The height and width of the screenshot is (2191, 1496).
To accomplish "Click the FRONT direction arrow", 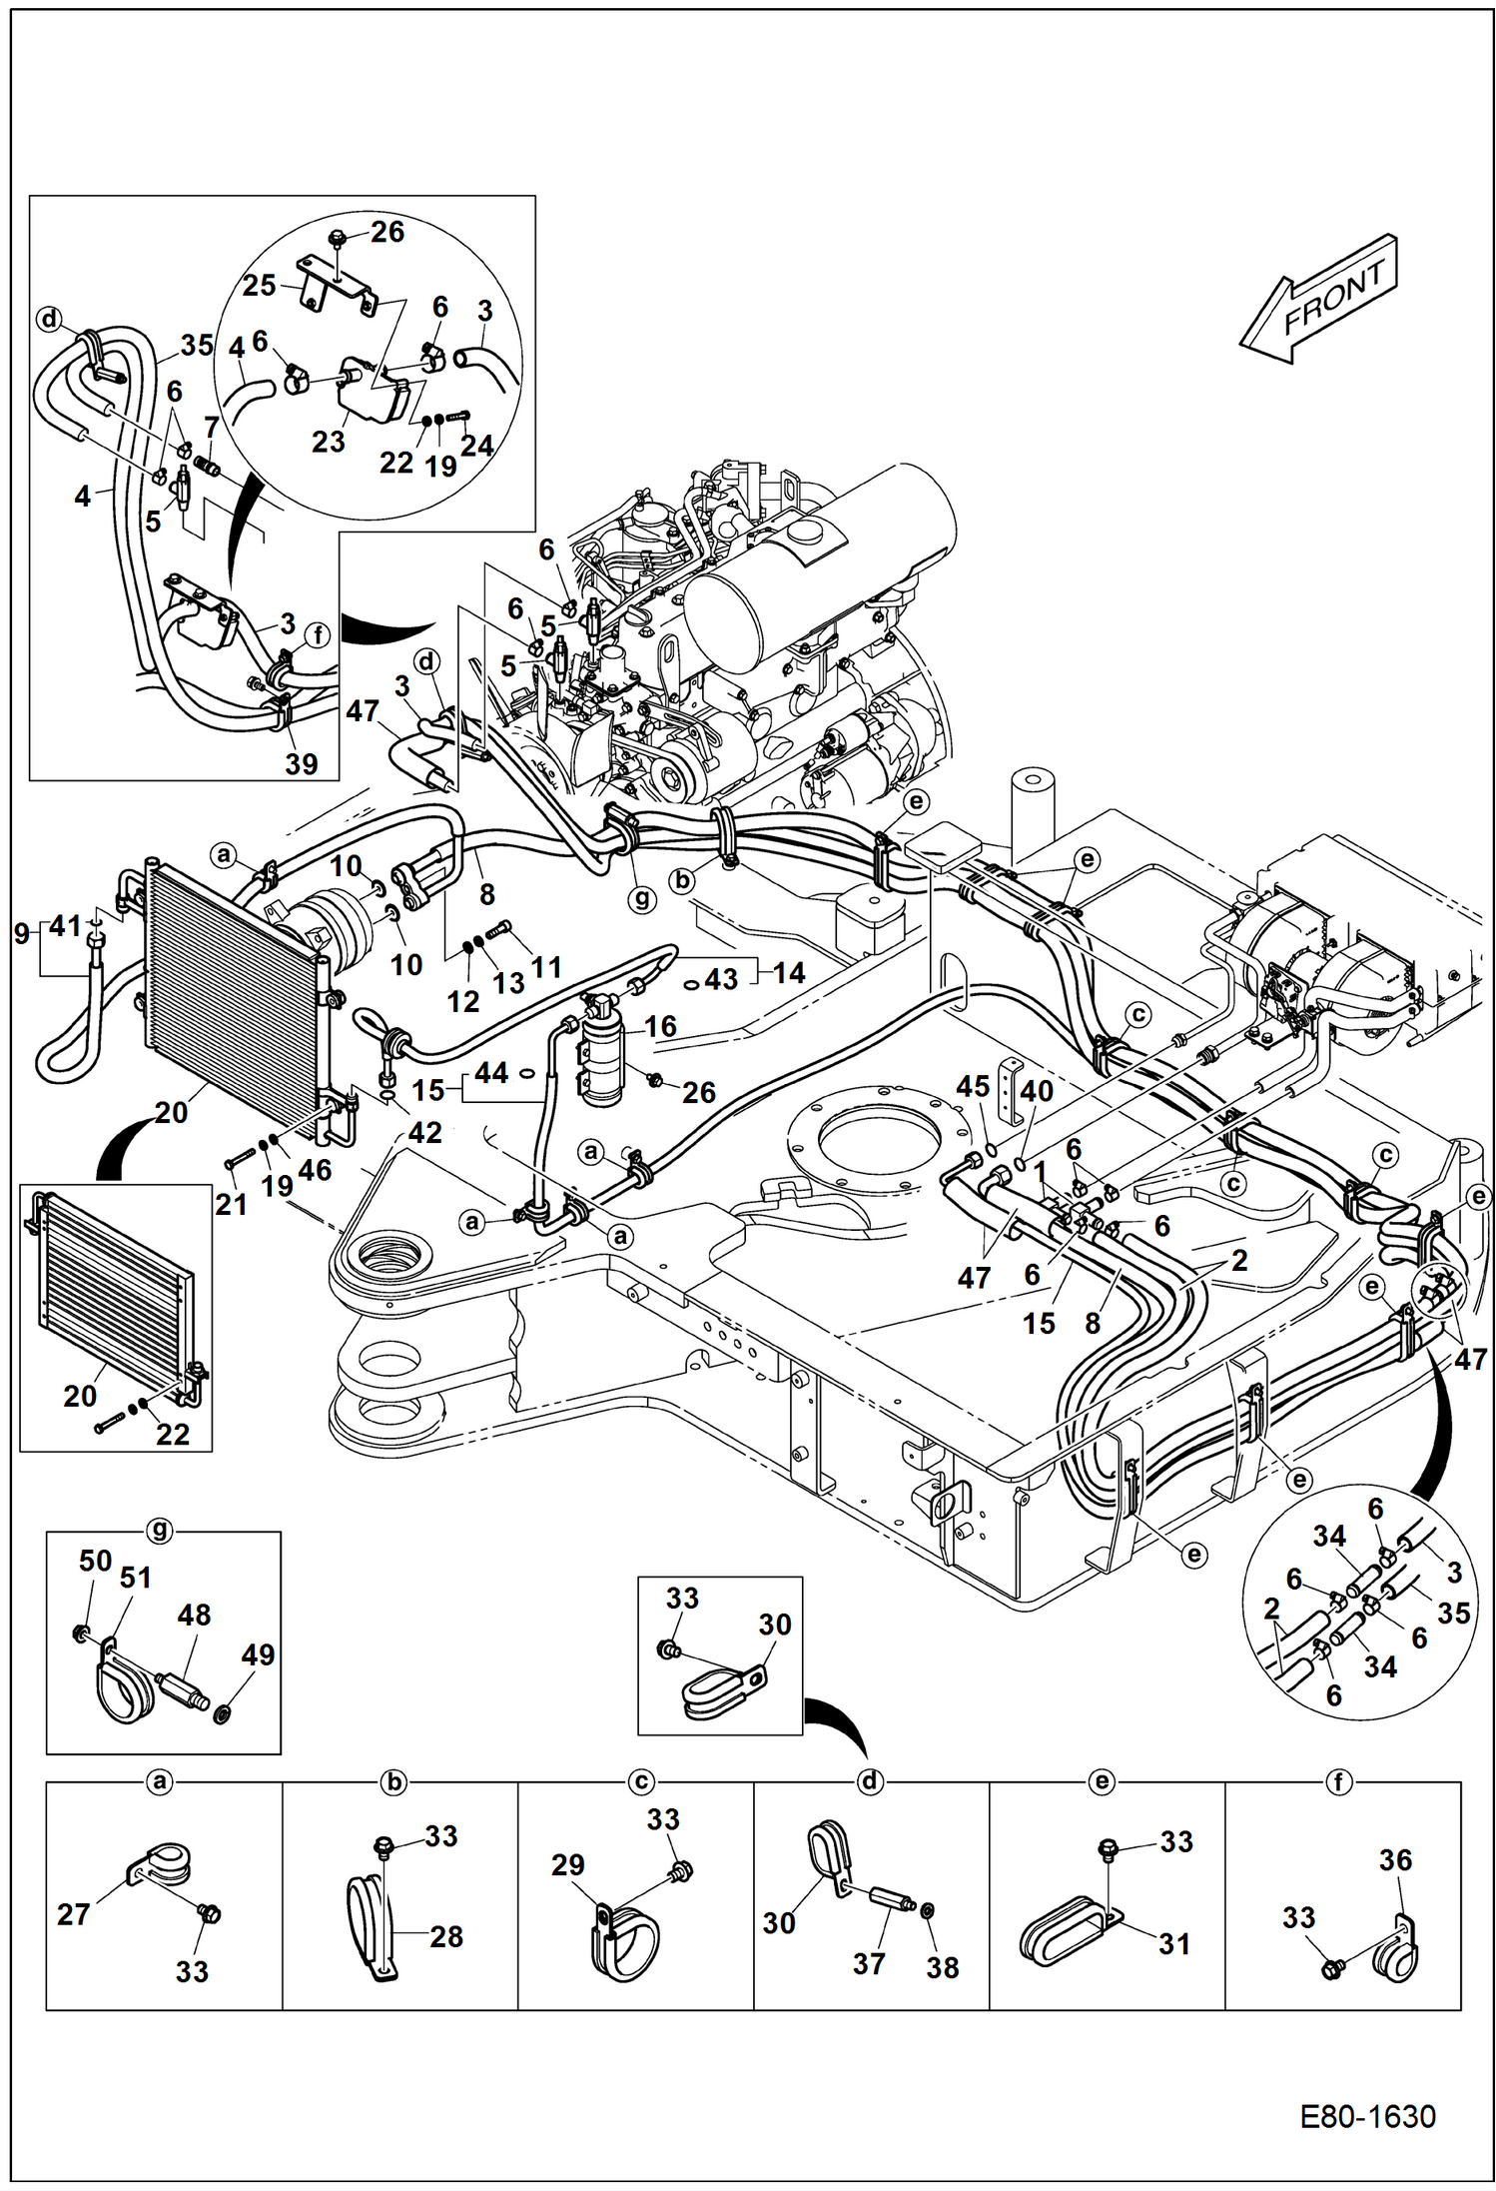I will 1318,298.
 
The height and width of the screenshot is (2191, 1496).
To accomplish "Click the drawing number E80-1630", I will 1367,2116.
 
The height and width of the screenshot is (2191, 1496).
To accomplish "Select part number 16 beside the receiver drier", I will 660,1026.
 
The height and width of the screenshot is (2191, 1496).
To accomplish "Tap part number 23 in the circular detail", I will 328,441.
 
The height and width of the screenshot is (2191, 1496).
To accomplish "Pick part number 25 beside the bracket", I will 259,286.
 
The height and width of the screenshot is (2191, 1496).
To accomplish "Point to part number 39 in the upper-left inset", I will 301,763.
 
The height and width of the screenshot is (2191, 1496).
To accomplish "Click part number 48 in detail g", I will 194,1616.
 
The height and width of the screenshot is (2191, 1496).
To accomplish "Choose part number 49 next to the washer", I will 258,1654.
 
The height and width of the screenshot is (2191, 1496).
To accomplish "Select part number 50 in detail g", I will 95,1561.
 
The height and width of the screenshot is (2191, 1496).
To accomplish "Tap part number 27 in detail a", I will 73,1914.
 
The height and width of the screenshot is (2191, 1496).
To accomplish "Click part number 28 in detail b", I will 446,1936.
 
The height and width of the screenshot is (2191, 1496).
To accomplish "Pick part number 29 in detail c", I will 567,1864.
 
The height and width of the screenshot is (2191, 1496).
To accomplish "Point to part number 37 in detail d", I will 868,1963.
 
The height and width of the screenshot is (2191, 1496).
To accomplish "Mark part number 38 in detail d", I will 942,1967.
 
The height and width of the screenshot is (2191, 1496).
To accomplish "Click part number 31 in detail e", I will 1173,1943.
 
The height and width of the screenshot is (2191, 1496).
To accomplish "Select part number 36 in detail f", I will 1395,1860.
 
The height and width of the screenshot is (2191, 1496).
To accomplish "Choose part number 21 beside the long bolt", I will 231,1204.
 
